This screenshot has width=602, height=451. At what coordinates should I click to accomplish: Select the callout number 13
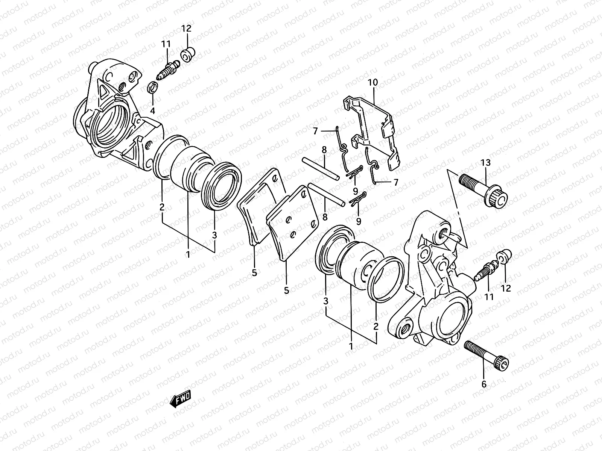coord(485,163)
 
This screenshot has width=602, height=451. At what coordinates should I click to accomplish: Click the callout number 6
coord(484,384)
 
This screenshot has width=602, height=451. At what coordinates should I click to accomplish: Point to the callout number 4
coord(152,111)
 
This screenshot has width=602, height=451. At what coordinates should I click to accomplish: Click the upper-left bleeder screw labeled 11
coord(168,70)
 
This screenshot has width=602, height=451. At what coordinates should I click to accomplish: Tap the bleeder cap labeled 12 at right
coord(503,256)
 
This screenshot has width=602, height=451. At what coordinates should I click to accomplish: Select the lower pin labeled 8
coord(326,194)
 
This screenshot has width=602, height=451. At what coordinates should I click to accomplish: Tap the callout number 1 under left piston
coord(187,254)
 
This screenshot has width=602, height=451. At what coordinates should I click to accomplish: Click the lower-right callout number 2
coord(375,326)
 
